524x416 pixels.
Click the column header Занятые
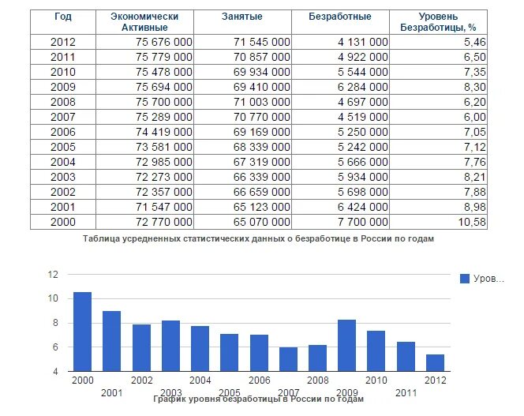pos(241,17)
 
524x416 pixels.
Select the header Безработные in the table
pos(341,17)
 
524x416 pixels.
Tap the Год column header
pos(62,17)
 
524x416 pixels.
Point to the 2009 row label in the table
pos(62,87)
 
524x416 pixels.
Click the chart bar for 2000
pos(82,332)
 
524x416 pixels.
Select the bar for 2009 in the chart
pos(346,345)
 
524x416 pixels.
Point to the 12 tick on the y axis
pos(54,275)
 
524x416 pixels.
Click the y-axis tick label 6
pos(56,347)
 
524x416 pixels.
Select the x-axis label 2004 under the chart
pos(200,380)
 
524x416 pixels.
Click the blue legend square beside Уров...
pos(465,279)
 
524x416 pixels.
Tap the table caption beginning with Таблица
pos(258,238)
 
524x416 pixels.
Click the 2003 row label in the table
pos(62,178)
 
